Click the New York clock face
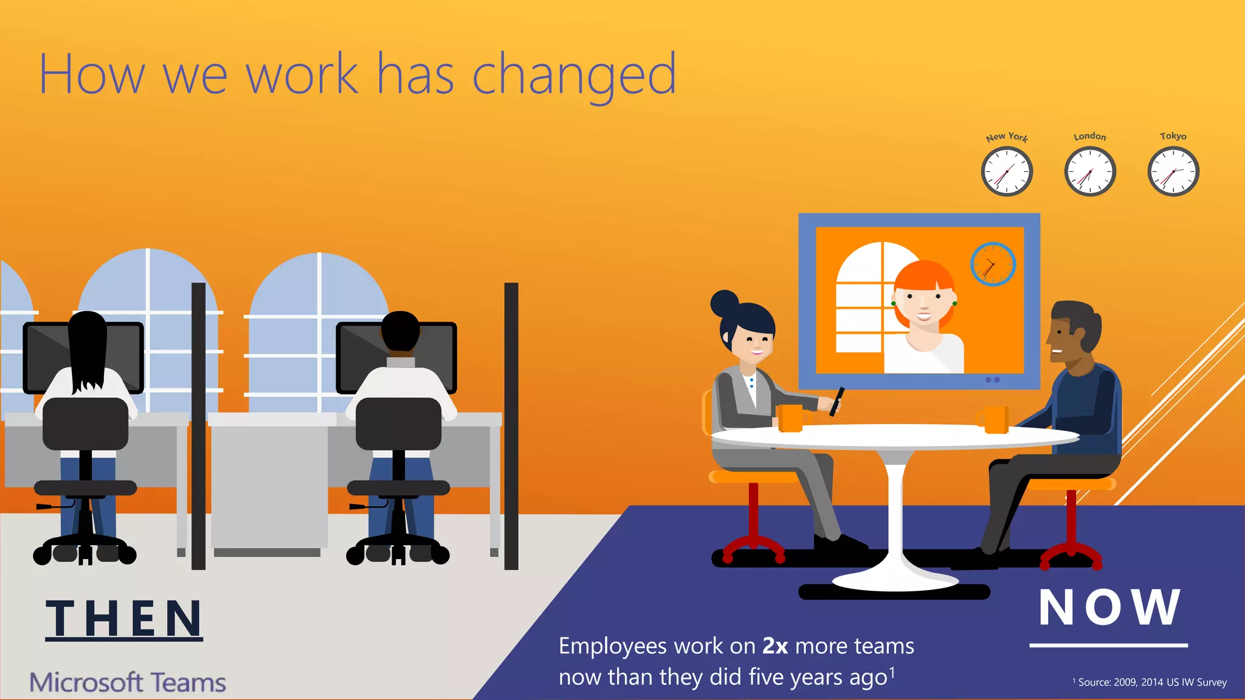1007,172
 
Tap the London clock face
1090,172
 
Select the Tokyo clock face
1173,172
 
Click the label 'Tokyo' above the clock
1173,136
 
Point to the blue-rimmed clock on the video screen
993,264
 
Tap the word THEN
124,619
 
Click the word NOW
1109,607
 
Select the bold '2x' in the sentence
775,646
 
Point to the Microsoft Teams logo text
128,682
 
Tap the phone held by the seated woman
837,401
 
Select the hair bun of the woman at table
725,302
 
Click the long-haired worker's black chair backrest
85,424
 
